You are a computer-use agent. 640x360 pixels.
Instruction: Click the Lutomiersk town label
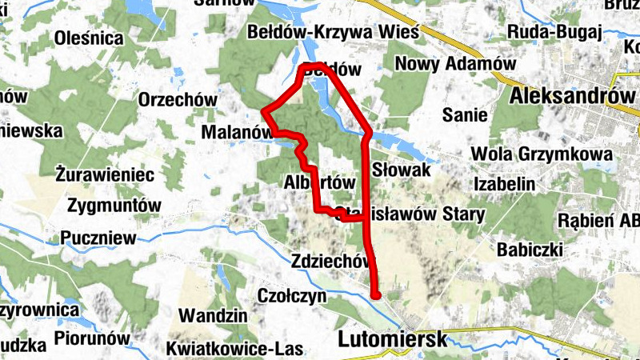tap(392, 338)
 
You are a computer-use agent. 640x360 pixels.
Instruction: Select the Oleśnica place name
tap(89, 38)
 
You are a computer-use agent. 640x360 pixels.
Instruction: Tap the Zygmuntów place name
tap(114, 205)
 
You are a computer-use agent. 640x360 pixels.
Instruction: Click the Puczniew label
tap(92, 238)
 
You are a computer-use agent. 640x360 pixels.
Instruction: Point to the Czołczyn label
tap(292, 295)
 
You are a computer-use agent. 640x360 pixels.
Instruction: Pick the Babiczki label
tap(530, 250)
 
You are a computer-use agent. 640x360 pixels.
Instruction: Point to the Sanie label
tap(465, 115)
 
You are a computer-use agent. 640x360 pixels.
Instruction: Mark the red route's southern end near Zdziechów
tap(376, 294)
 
